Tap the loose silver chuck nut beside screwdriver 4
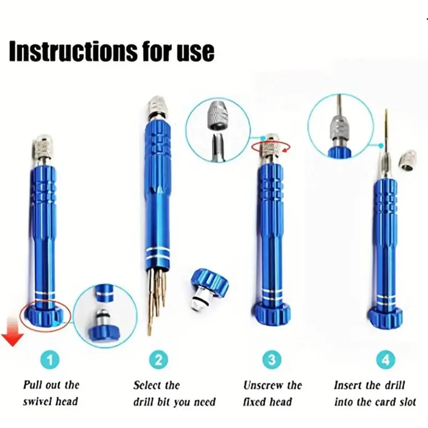coord(408,162)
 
